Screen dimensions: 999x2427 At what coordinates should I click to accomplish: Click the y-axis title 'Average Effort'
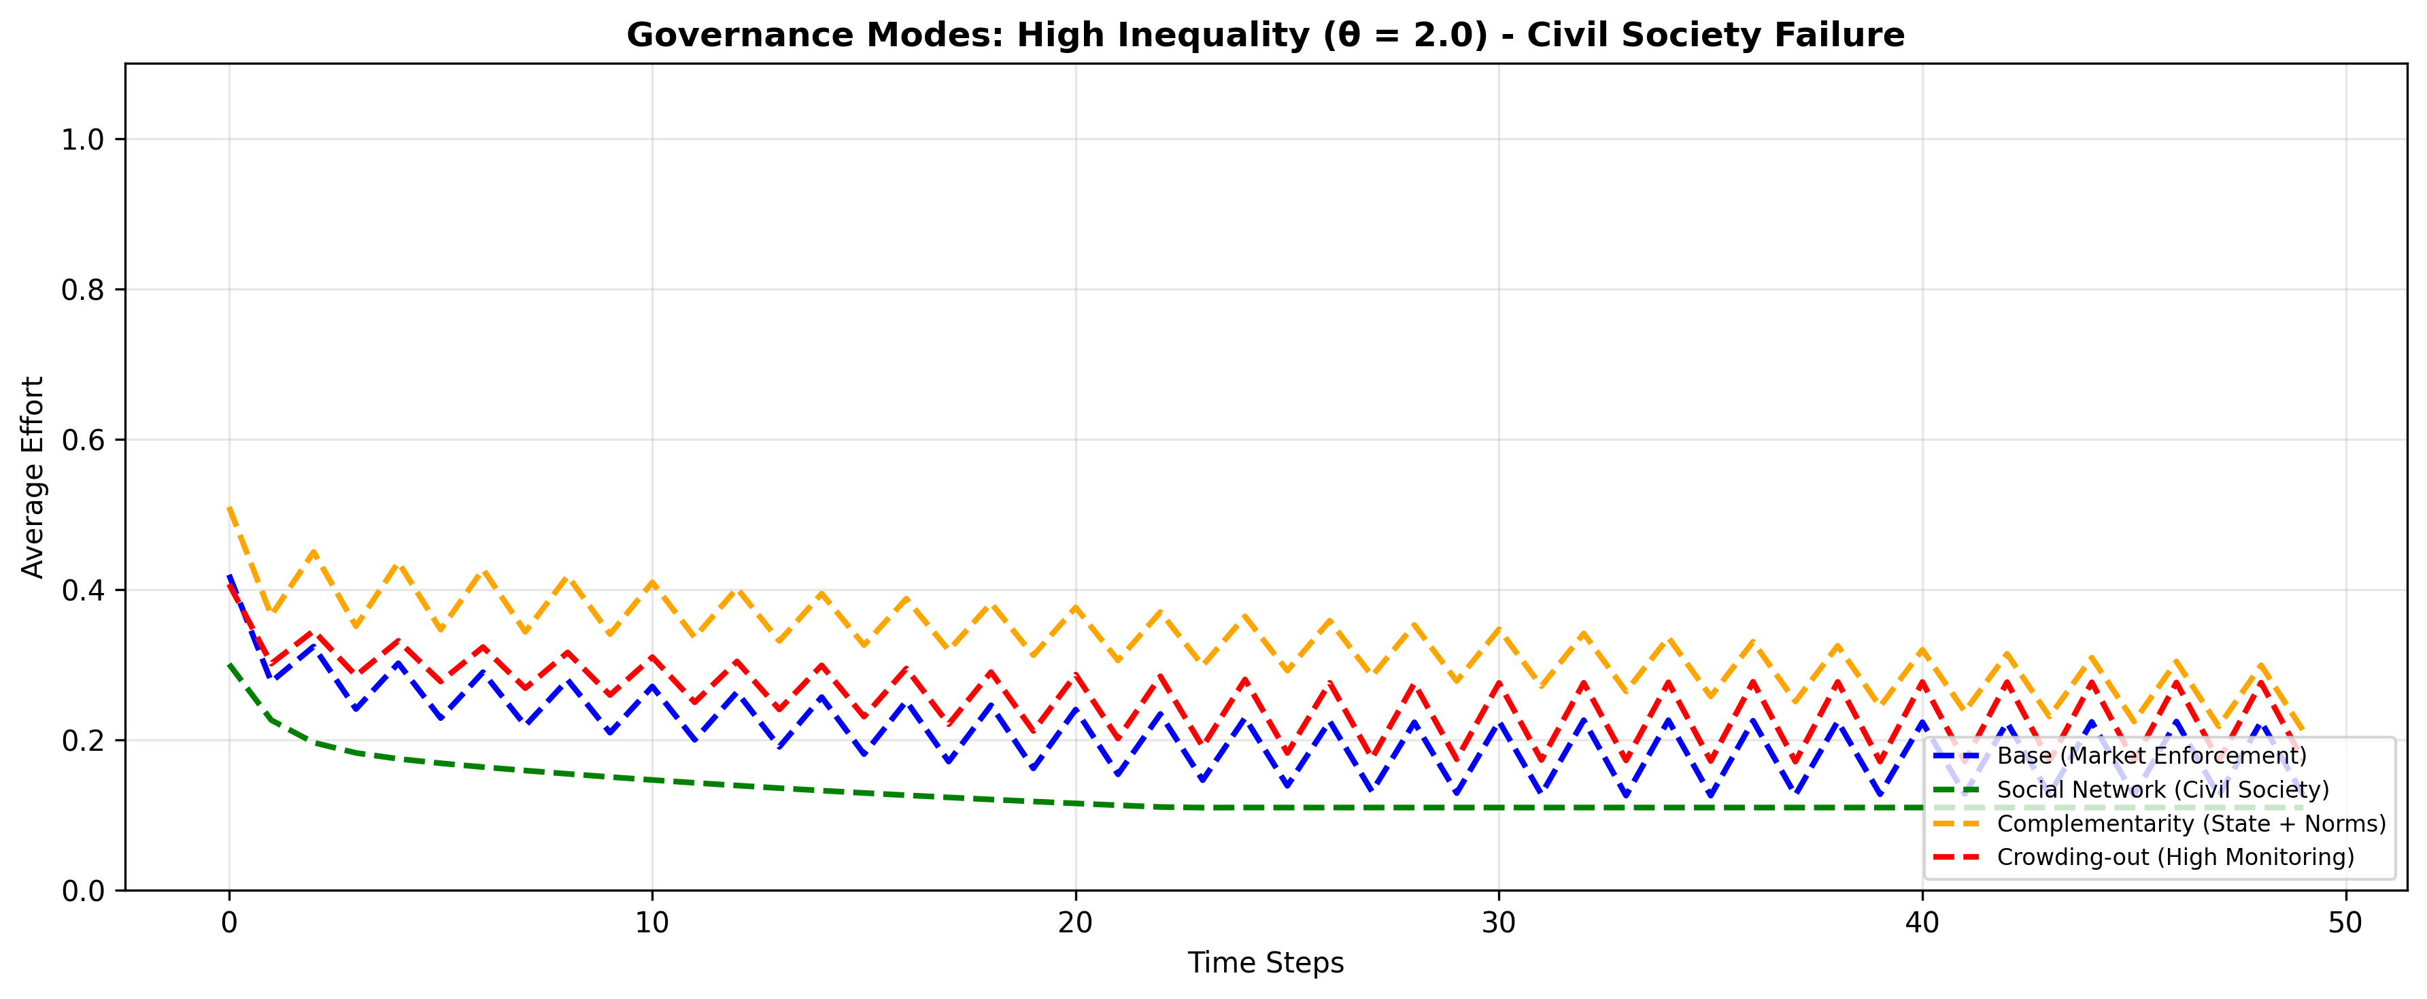click(33, 477)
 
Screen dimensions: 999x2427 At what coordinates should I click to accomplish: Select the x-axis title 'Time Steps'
click(1266, 962)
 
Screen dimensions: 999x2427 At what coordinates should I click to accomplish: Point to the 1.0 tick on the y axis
click(82, 140)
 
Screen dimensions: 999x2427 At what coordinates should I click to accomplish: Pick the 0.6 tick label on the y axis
click(82, 440)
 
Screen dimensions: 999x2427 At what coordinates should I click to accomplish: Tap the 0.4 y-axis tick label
click(82, 591)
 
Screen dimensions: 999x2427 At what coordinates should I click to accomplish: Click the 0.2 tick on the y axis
click(82, 741)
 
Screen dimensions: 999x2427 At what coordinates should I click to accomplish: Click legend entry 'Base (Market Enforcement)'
click(2152, 756)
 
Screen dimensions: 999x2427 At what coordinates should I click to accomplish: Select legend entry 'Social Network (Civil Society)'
click(2162, 790)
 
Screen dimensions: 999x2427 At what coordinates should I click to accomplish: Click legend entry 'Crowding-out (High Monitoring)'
click(2175, 857)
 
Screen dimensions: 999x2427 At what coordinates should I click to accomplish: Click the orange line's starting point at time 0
click(230, 508)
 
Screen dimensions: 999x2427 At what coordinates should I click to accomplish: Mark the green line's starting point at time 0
click(230, 664)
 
